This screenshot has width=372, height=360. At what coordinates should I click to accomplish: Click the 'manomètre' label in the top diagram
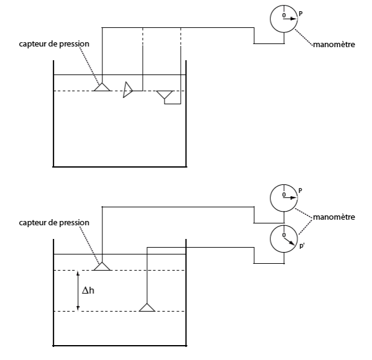coord(334,45)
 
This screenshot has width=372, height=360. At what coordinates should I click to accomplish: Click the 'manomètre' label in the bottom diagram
coord(334,217)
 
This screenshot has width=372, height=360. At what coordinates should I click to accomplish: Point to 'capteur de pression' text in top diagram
coord(54,44)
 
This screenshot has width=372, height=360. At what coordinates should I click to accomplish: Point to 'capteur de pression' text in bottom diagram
coord(54,223)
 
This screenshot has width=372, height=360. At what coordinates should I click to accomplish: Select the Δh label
coord(88,290)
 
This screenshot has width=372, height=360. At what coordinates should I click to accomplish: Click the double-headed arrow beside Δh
coord(78,290)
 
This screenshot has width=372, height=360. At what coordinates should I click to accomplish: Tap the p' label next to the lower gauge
coord(302,246)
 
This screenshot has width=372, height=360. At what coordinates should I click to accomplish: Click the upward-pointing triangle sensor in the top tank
coord(102,87)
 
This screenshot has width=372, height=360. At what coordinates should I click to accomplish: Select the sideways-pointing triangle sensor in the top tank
coord(128,89)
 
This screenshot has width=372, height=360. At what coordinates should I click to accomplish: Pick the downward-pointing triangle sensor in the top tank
coord(165,94)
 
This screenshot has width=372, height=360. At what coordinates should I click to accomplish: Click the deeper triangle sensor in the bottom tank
coord(147,307)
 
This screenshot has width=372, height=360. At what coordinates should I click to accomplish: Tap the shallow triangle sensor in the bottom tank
coord(102,266)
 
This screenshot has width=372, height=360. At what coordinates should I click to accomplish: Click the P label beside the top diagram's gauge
coord(301,14)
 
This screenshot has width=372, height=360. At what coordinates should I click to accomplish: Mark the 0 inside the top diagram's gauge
coord(284,16)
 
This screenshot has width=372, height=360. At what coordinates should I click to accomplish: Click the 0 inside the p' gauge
coord(284,235)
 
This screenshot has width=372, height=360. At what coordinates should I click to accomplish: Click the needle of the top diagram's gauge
coord(290,19)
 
